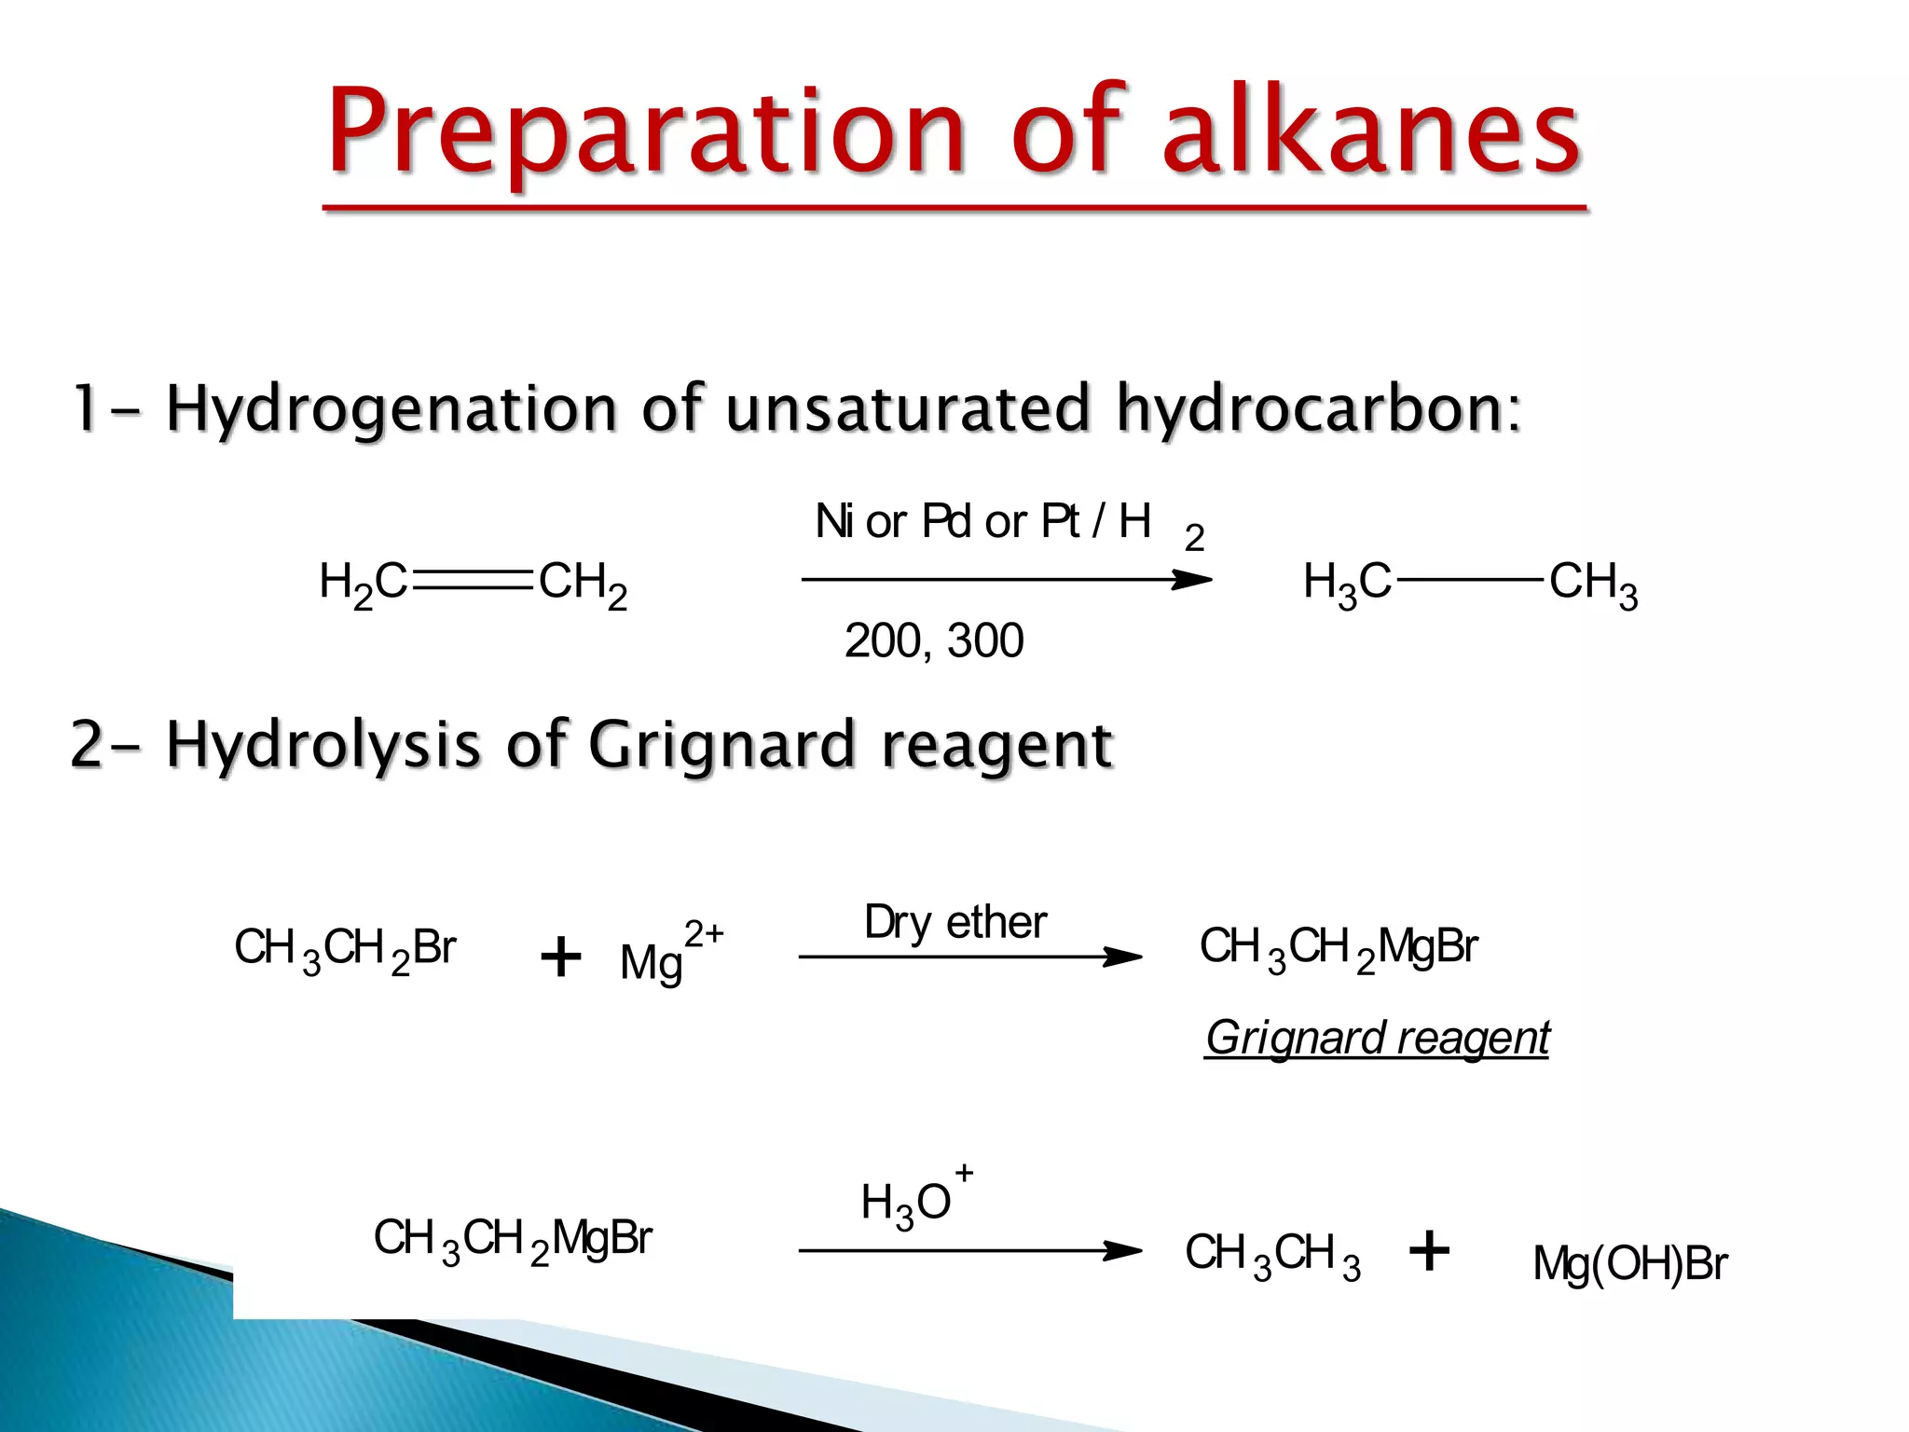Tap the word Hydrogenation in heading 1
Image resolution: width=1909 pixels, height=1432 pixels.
(x=391, y=409)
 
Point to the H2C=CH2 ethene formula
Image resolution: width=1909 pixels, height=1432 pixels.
(x=474, y=584)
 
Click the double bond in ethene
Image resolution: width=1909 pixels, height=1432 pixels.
(x=473, y=580)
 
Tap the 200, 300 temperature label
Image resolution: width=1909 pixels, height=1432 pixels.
(x=934, y=641)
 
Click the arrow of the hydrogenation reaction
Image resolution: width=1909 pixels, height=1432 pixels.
(x=1007, y=580)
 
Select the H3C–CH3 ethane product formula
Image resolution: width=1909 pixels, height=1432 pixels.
(x=1470, y=584)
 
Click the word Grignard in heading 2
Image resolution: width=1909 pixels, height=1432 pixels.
(x=721, y=745)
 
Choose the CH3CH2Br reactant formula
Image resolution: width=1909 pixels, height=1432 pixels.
(x=345, y=949)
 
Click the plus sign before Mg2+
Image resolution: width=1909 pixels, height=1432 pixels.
(x=560, y=957)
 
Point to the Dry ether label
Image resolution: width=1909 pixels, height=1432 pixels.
(x=955, y=923)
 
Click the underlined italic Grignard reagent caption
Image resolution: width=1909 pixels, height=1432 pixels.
(x=1377, y=1038)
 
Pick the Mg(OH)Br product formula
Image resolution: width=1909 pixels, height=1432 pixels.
(x=1629, y=1264)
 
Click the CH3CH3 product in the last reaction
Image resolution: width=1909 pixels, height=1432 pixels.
(x=1272, y=1254)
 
